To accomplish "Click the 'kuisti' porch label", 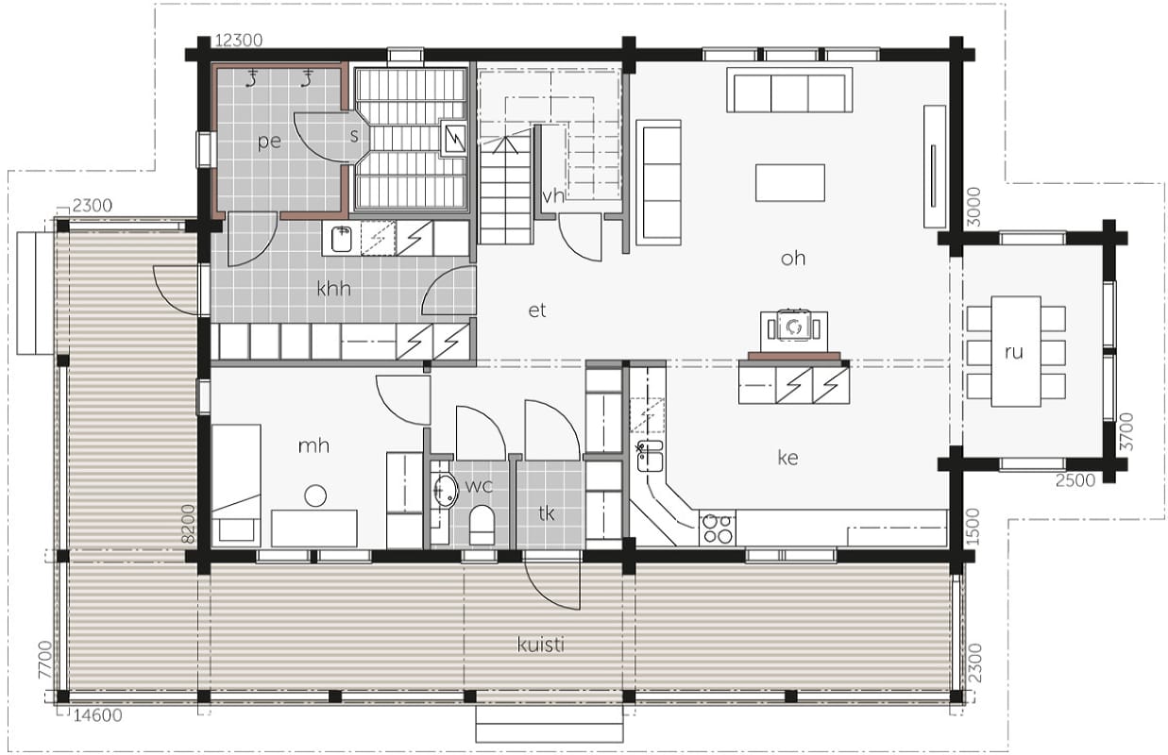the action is point(540,646).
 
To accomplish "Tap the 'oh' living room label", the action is point(792,258).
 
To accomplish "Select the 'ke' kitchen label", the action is point(787,458).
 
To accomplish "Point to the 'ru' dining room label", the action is point(1014,353).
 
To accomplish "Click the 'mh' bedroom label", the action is point(313,445).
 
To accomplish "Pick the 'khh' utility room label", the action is point(333,288).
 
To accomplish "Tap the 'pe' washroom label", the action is point(269,142).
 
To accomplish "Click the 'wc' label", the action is point(479,486).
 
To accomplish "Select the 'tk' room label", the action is point(547,513).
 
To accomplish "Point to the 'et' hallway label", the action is point(537,310).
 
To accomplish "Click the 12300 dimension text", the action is point(239,41).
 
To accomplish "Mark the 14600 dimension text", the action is point(97,715).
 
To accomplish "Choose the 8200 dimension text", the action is point(188,524).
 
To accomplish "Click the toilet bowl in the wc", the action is point(482,525).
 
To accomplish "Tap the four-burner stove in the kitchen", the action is point(717,528).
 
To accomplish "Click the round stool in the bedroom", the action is point(315,495).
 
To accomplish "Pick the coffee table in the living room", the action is point(790,182).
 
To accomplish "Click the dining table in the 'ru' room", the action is point(1016,351).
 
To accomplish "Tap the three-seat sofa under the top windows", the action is point(789,90).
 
